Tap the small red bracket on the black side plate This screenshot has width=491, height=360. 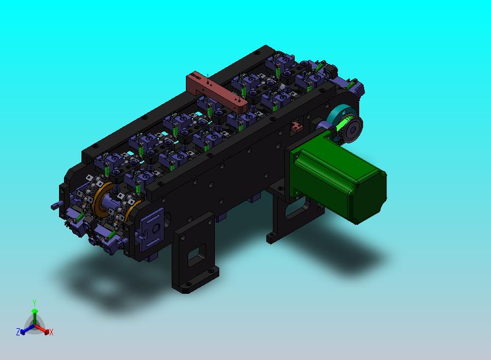[x=296, y=126]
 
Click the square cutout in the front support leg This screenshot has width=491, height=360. [x=197, y=255]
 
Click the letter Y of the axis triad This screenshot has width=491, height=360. [x=34, y=303]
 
